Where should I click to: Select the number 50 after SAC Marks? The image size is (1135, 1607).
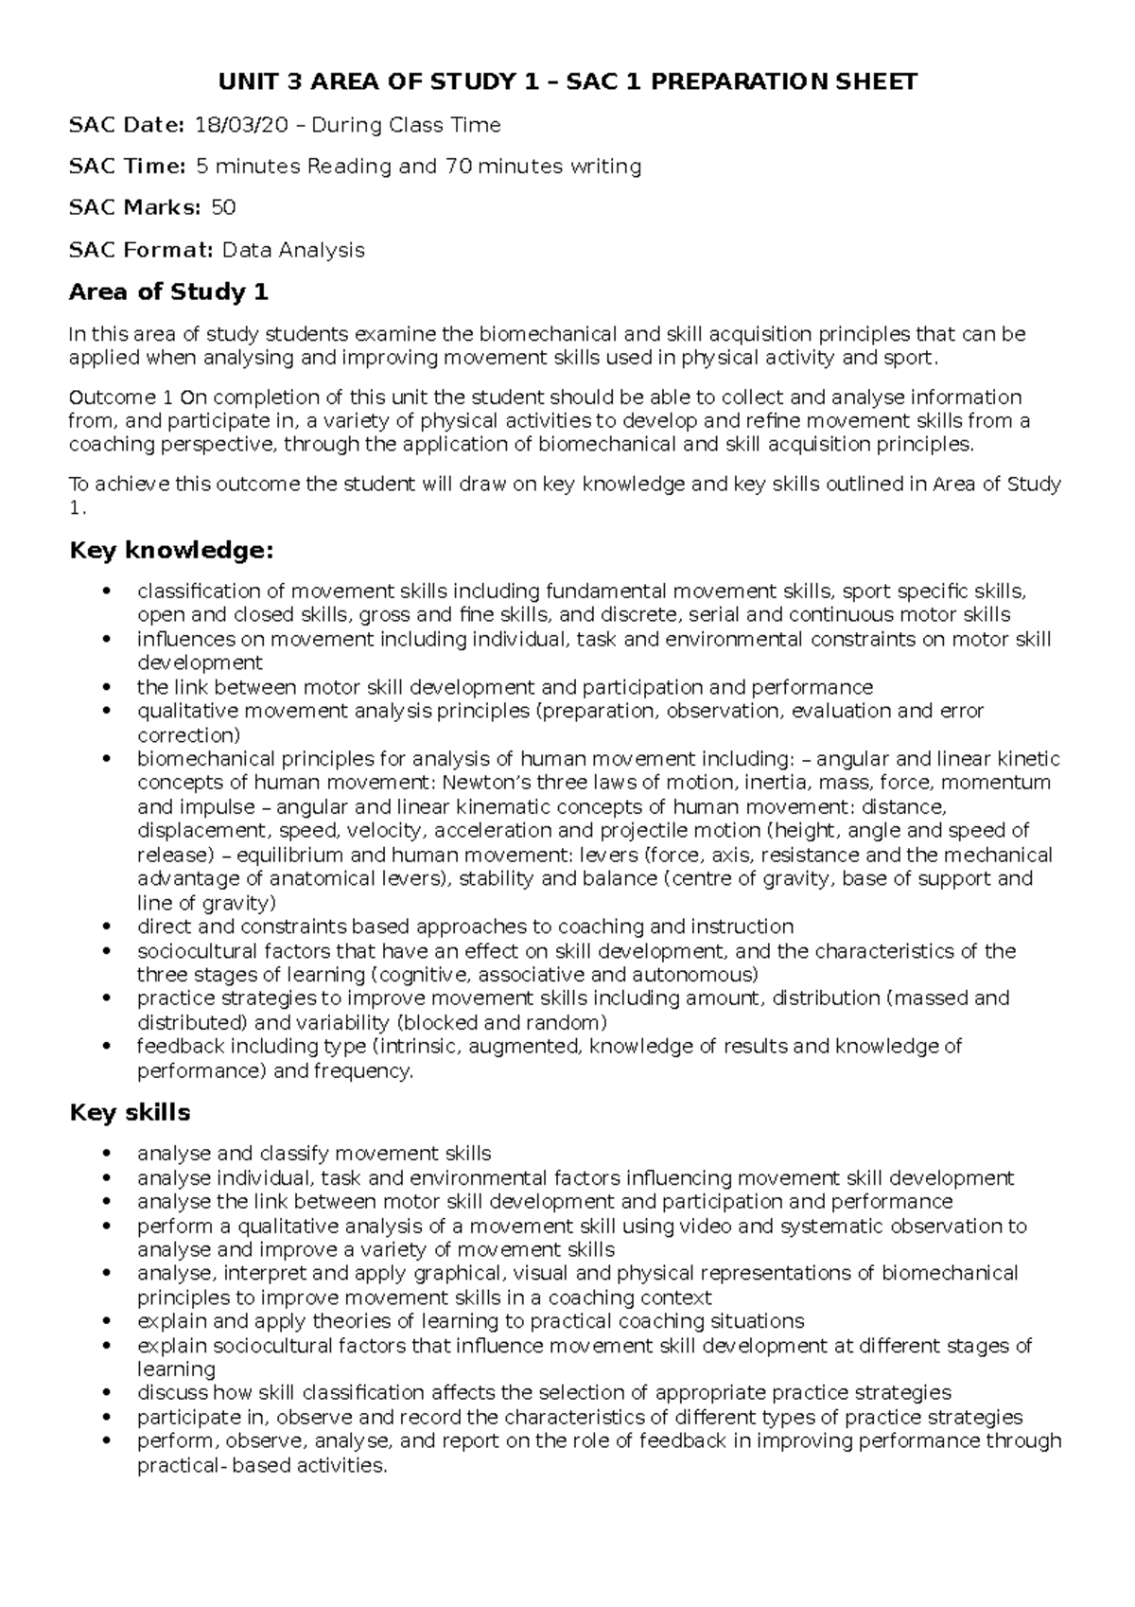223,207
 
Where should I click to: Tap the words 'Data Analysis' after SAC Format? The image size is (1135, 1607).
292,250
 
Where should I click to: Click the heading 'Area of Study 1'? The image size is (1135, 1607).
169,291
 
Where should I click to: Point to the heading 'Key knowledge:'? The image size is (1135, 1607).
172,550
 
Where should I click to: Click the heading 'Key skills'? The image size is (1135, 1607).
131,1112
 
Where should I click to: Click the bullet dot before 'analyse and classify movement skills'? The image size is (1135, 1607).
112,1154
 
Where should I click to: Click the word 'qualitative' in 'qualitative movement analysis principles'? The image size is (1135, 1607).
181,711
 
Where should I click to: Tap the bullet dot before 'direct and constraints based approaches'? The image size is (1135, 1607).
112,927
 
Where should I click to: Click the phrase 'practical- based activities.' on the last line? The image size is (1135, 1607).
262,1466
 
